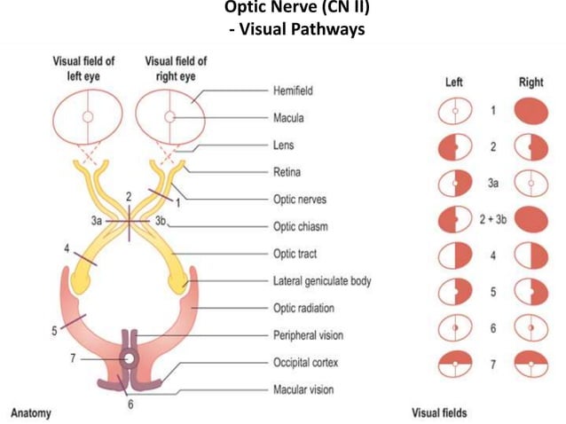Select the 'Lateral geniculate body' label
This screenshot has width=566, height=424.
pos(322,281)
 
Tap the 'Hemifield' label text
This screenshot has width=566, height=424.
pos(294,90)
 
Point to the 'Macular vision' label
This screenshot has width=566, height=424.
pos(308,389)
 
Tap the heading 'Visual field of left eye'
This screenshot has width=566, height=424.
pos(85,68)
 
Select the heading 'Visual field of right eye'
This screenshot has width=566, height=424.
pos(176,68)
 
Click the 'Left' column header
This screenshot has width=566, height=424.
pos(454,82)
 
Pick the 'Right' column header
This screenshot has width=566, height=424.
pos(531,82)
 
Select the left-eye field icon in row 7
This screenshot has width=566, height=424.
pos(454,365)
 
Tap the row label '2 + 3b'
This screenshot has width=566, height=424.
pos(492,218)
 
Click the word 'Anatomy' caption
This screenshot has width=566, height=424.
pos(31,412)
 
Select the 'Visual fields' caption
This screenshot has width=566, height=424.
pos(439,412)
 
